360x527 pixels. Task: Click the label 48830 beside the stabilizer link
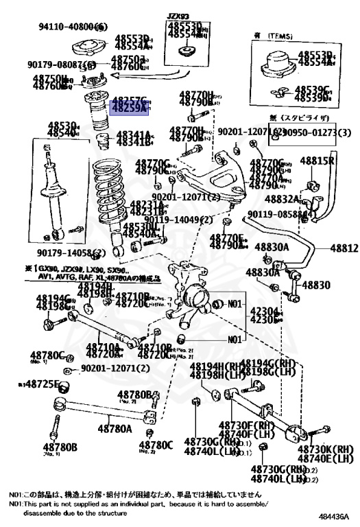(316, 285)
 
